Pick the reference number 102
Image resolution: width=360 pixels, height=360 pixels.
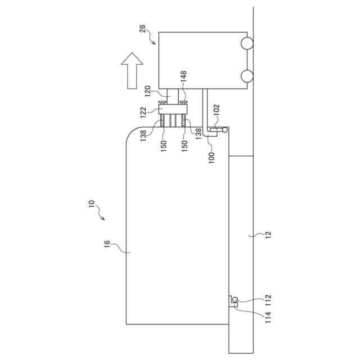pyautogui.click(x=216, y=110)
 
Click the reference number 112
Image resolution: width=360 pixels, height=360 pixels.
pyautogui.click(x=268, y=299)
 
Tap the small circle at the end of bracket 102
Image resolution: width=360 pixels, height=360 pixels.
pyautogui.click(x=225, y=130)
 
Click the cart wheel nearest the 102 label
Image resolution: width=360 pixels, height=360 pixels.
pyautogui.click(x=246, y=75)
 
